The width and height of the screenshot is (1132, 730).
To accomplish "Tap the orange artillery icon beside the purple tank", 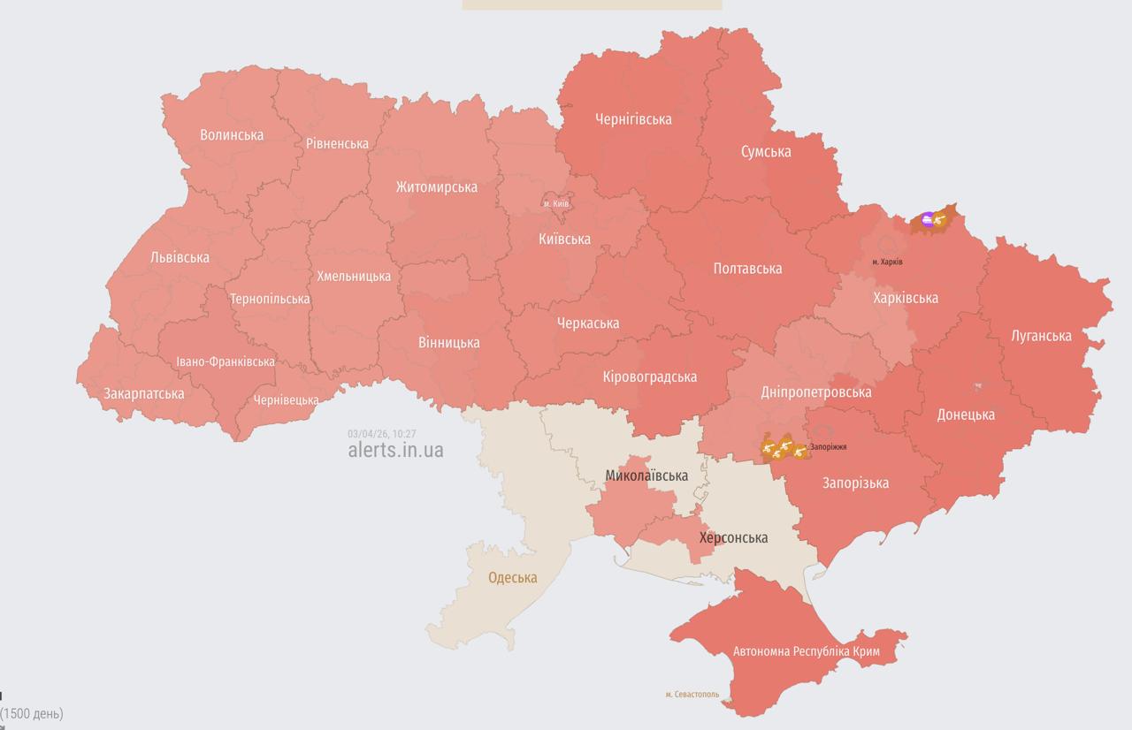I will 939,219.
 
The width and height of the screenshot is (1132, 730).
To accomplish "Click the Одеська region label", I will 512,578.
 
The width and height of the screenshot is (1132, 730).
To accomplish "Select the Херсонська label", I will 733,537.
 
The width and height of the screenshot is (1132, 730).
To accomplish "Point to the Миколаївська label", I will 646,475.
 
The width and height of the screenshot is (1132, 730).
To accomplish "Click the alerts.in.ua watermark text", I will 395,450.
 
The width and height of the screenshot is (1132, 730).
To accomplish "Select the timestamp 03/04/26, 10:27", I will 381,433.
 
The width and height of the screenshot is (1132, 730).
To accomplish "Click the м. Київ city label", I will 556,204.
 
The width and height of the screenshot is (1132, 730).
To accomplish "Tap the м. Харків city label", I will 887,262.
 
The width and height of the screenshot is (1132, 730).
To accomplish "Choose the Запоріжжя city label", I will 828,447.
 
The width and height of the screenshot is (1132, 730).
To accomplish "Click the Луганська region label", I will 1041,336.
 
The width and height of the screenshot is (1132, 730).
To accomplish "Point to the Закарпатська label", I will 144,393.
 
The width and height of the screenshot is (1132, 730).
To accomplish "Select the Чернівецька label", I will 286,400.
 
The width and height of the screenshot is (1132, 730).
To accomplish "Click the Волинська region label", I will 232,135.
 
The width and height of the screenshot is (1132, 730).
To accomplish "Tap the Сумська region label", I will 765,152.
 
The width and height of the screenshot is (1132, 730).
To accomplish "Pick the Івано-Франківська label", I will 225,361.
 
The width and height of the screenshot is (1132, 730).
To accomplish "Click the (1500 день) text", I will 32,713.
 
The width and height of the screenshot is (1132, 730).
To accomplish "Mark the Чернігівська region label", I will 633,119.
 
